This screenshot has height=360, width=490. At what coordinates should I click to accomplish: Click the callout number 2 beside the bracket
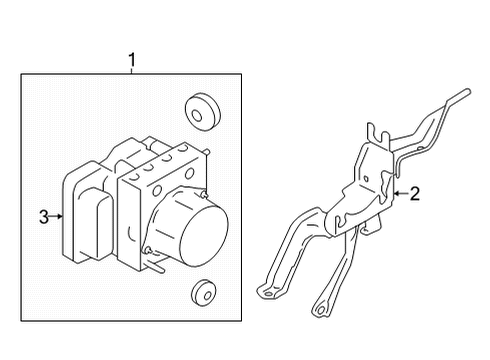[x=415, y=194]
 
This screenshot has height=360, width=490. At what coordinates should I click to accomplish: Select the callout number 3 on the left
[x=44, y=215]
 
